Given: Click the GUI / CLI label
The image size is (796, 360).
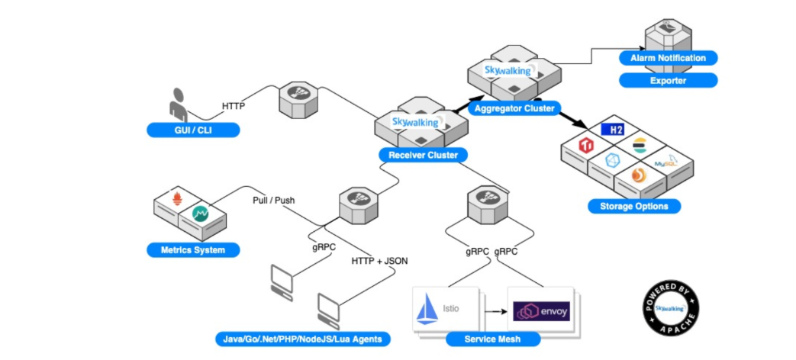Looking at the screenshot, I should tap(193, 130).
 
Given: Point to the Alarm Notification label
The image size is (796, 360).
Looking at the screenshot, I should tap(668, 58).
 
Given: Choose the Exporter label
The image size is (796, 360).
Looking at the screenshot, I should tap(668, 80).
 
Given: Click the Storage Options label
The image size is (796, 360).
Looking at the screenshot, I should tap(633, 206).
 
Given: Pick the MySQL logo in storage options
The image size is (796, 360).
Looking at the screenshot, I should tap(666, 161).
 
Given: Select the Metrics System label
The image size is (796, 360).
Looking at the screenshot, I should tap(193, 249).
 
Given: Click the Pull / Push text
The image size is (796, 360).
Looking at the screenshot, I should tap(275, 201).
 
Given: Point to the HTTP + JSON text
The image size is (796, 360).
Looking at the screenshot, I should tap(379, 261).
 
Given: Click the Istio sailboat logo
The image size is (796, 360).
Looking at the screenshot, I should tap(426, 311).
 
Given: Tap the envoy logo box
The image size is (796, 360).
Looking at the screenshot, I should tap(541, 311).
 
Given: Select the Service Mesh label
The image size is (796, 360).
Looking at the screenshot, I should tap(492, 339).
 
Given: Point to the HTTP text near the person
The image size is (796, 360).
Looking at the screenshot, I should tap(233, 106).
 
